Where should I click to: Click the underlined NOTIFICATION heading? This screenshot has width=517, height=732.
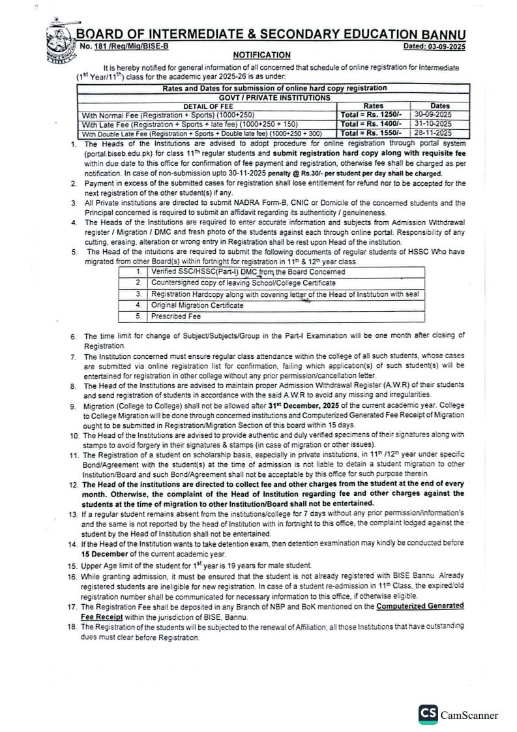coord(261,55)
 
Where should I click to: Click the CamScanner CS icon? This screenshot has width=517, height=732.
coord(428,714)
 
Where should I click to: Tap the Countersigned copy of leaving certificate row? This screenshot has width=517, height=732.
coord(242,282)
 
